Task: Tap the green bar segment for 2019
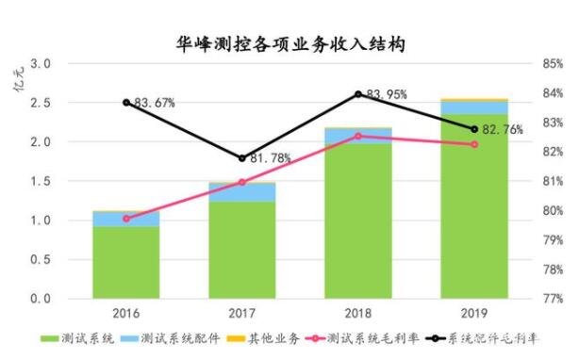pyautogui.click(x=474, y=207)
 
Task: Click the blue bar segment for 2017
pyautogui.click(x=242, y=192)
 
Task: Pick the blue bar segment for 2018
pyautogui.click(x=358, y=137)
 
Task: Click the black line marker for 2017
pyautogui.click(x=242, y=158)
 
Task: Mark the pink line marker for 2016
pyautogui.click(x=126, y=219)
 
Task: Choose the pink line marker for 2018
pyautogui.click(x=358, y=136)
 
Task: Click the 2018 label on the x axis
pyautogui.click(x=358, y=314)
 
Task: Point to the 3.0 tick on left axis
pyautogui.click(x=41, y=64)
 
